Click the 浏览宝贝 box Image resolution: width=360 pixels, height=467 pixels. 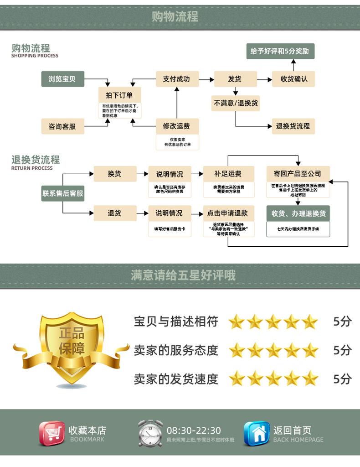pos(62,79)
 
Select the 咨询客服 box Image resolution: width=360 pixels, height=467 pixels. pos(62,126)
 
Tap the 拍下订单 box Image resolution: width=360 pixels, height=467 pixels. pos(119,95)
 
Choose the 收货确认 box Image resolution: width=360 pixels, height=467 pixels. pos(294,79)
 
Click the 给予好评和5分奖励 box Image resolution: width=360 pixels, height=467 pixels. pos(280,51)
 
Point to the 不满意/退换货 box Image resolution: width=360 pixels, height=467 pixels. pos(236,103)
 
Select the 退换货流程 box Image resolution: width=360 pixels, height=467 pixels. pos(293,126)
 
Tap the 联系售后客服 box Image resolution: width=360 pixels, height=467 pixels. pos(63,193)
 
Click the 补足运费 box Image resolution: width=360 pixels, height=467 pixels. pos(228,174)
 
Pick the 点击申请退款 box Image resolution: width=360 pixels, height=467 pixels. pos(228,213)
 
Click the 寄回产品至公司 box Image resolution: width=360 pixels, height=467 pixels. pos(298,174)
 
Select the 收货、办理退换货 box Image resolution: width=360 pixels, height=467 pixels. pos(298,213)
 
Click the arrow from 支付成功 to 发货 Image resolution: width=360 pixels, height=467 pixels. pos(206,79)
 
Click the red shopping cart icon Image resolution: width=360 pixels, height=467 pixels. pos(51,433)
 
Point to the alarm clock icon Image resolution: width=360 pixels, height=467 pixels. pos(150,433)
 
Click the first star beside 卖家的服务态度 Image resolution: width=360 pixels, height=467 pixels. pos(237,350)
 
